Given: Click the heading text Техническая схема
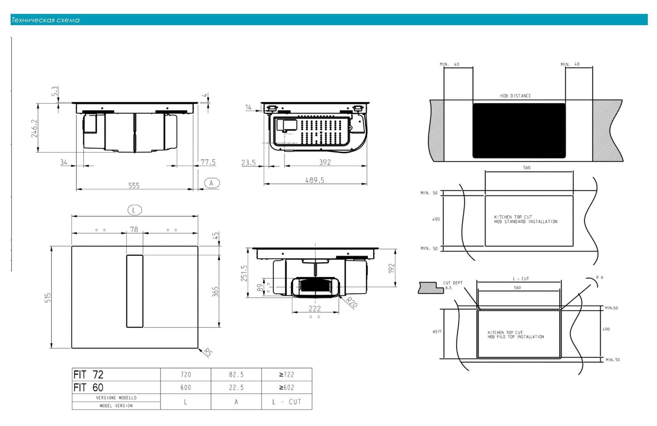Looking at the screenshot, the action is tap(45, 20).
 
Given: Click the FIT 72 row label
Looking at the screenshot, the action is tap(88, 375).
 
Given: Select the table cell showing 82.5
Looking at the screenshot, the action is tap(236, 375).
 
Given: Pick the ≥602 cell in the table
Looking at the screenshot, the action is tap(286, 388).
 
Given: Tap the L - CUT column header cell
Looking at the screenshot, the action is tap(286, 402).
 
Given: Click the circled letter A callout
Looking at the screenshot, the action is tap(211, 183).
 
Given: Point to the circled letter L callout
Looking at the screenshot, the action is tap(134, 210).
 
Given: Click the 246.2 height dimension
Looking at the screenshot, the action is tap(34, 128).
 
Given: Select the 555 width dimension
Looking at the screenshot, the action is tap(134, 186).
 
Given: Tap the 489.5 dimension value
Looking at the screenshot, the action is tap(314, 180).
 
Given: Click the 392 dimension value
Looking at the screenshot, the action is tap(325, 162).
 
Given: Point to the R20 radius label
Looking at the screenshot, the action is tap(352, 302).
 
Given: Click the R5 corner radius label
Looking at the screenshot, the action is tap(208, 352).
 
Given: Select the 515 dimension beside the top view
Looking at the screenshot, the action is tap(48, 298).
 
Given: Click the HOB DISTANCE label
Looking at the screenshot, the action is tap(515, 96).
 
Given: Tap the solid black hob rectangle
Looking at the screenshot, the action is tap(519, 131).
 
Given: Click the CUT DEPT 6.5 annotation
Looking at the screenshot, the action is tap(452, 285).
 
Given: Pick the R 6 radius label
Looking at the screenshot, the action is tap(599, 277).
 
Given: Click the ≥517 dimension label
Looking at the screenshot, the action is tap(437, 332).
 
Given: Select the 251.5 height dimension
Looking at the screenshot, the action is tap(244, 273).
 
